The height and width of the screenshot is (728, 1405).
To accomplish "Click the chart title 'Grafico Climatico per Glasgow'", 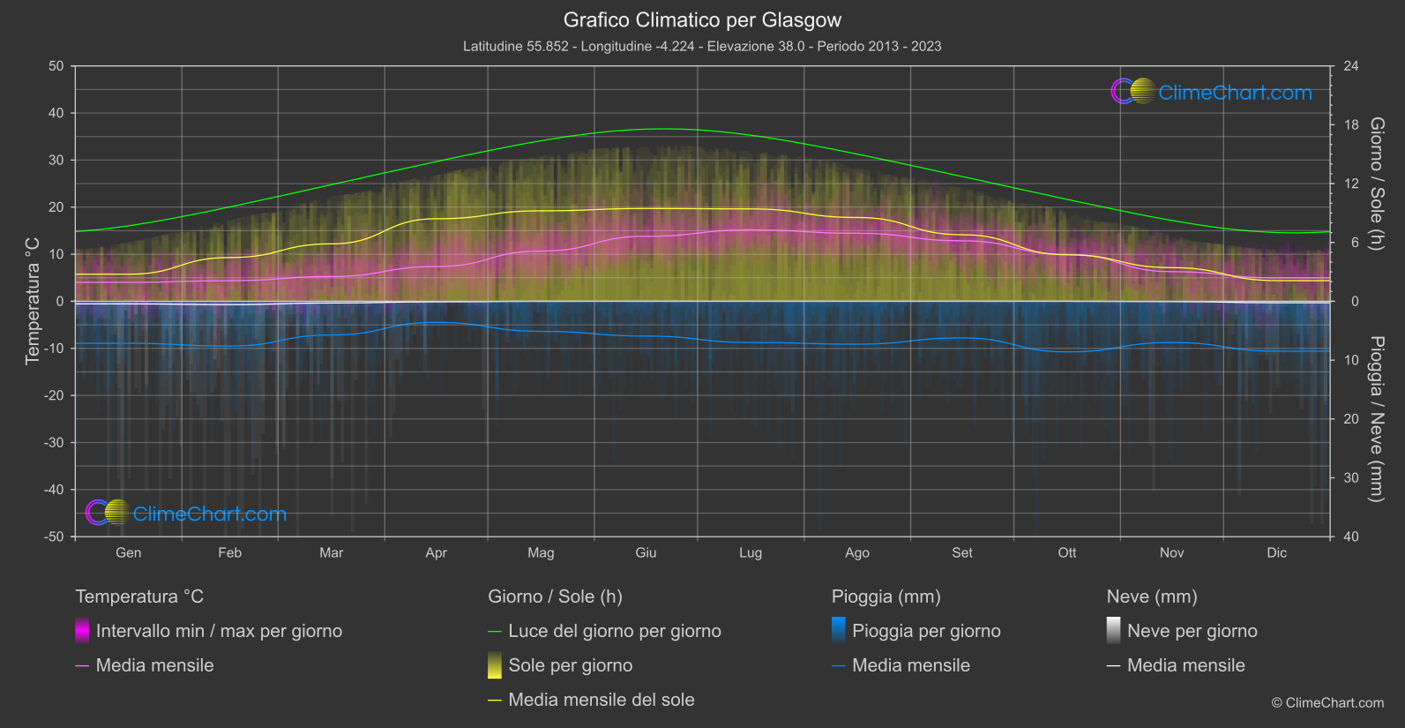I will coord(702,19).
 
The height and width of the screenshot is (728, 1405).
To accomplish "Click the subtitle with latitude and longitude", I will coord(702,46).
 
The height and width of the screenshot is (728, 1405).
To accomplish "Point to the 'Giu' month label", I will coord(646,552).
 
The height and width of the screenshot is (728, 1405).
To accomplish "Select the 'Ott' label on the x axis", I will coord(1066,552).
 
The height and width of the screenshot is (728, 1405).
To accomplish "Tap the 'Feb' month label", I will coord(229,552).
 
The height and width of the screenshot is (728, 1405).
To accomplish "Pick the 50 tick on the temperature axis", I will coord(56,66).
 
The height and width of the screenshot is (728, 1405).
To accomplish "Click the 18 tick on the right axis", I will coord(1351,125).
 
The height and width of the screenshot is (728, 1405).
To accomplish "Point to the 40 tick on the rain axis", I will coord(1351,537).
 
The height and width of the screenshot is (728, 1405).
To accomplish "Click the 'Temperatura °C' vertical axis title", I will coord(33,301).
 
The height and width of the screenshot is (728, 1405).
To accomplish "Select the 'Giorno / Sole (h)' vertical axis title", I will coord(1377,184).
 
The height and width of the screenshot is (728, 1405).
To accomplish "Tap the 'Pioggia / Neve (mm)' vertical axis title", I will coord(1377,419).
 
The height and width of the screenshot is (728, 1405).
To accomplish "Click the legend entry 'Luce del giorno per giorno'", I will coord(614,631).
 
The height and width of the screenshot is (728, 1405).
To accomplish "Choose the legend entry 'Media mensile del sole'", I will coord(601,700).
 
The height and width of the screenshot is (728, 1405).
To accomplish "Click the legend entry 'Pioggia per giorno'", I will coord(925,631).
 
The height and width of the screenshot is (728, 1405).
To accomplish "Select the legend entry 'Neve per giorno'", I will coord(1192,631).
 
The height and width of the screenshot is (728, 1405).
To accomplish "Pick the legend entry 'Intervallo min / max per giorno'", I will coord(218,631).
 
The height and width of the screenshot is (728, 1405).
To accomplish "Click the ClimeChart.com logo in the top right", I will coord(1212,92).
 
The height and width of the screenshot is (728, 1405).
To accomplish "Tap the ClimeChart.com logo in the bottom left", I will coord(186,513).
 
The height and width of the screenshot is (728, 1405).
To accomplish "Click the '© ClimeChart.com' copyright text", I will coord(1327,702).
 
